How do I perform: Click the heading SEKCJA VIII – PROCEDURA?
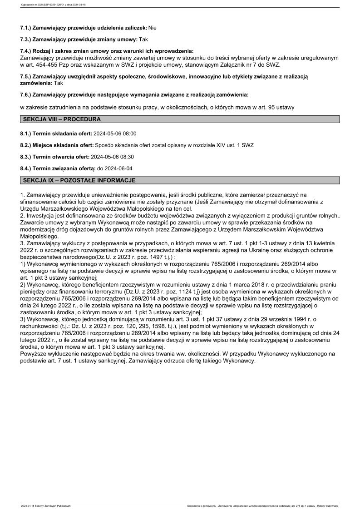pyautogui.click(x=62, y=119)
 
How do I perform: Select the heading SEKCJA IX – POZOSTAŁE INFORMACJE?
pyautogui.click(x=79, y=180)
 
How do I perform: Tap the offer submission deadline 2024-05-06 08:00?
pyautogui.click(x=114, y=134)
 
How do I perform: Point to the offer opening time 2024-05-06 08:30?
pyautogui.click(x=112, y=157)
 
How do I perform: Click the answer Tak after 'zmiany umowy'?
pyautogui.click(x=143, y=40)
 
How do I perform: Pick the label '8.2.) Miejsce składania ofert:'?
pyautogui.click(x=56, y=145)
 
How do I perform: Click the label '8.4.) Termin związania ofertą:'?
pyautogui.click(x=57, y=168)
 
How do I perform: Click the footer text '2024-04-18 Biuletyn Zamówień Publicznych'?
pyautogui.click(x=46, y=505)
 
